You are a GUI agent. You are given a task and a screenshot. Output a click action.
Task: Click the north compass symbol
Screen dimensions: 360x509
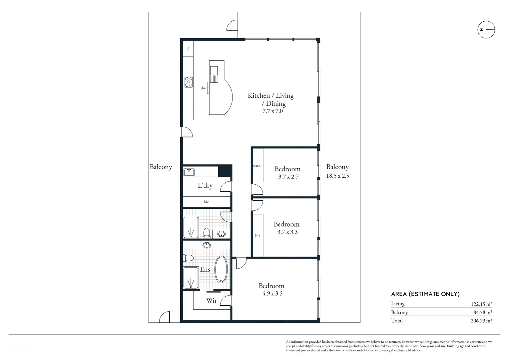point(486,30)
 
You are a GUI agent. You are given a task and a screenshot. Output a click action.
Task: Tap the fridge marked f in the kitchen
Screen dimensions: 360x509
point(188,49)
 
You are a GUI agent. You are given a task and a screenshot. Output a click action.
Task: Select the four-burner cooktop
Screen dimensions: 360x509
point(189,82)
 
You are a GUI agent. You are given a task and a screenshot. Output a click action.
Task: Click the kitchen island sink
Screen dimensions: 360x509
point(214,71)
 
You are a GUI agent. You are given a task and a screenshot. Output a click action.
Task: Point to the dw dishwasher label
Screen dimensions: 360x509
point(203,88)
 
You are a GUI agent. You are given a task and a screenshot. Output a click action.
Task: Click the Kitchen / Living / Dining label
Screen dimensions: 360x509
point(271,99)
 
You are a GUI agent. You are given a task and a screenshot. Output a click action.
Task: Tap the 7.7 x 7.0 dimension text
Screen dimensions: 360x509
point(272,111)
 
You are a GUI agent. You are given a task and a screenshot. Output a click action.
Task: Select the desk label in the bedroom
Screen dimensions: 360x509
point(257,165)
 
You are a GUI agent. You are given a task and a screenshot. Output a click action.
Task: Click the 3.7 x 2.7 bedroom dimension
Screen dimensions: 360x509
point(288,177)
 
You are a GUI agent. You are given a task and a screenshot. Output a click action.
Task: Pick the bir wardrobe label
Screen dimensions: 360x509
point(257,236)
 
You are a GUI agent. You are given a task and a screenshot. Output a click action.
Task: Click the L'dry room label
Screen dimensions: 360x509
point(205,186)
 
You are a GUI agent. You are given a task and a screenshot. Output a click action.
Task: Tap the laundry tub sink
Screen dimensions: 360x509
point(189,172)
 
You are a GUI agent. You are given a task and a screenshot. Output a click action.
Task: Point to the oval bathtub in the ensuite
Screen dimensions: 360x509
point(221,269)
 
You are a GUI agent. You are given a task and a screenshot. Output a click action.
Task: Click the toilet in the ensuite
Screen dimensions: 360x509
point(188,258)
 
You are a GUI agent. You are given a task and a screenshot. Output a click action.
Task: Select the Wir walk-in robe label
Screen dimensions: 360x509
point(211,301)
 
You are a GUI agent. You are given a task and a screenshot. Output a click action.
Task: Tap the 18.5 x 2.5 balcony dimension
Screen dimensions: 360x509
point(337,176)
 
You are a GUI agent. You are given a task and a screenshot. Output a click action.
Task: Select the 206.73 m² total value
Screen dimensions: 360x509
point(480,321)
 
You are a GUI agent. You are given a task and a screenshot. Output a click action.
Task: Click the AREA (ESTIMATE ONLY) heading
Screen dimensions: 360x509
point(425,294)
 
